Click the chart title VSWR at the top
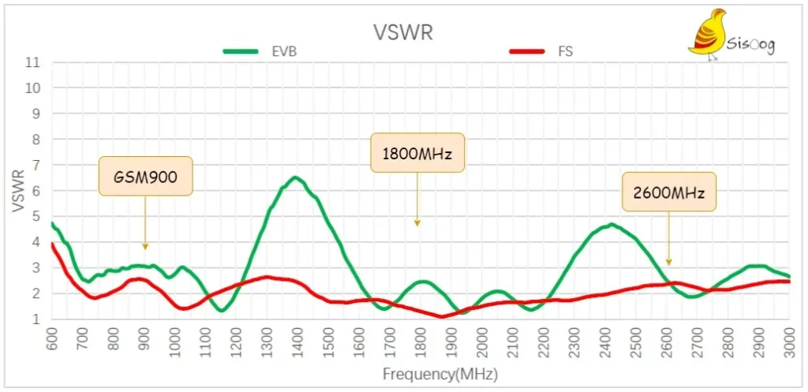(403, 32)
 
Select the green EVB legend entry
(259, 51)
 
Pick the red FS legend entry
(541, 51)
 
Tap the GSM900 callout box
(146, 176)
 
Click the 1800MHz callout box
(417, 152)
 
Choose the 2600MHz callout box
(669, 192)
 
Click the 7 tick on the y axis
(36, 166)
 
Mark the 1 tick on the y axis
(36, 319)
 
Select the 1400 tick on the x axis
(298, 341)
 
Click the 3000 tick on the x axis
(790, 341)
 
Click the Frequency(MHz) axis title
(440, 374)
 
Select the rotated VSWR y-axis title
(18, 192)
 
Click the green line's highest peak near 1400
(295, 177)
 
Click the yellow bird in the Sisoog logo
(709, 33)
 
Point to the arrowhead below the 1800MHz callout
(417, 223)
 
